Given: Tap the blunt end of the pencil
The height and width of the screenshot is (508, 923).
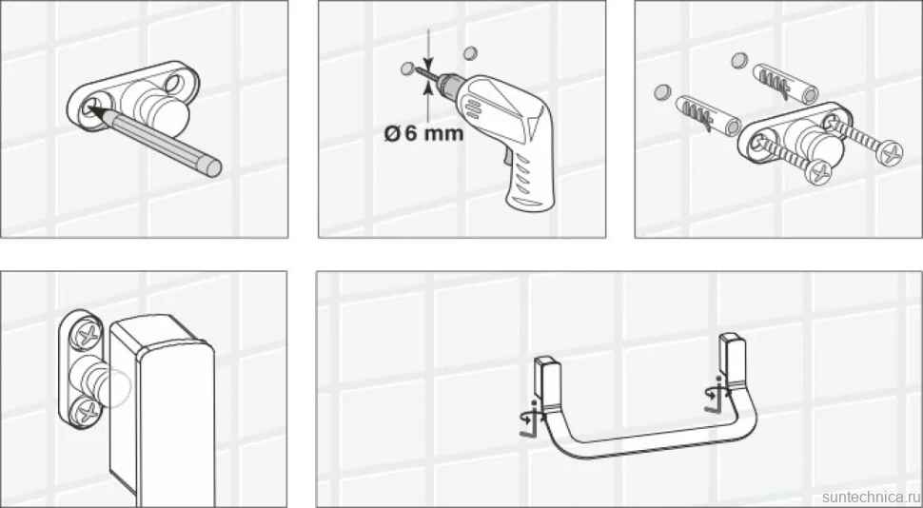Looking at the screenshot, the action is [x=212, y=166].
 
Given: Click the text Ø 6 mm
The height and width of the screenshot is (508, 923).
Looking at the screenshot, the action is [x=423, y=133].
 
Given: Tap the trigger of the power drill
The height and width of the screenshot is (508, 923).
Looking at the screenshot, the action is [x=505, y=156].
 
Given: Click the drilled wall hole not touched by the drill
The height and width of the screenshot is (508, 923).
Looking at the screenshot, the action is [x=469, y=53].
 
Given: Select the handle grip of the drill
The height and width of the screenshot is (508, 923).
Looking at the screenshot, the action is [x=530, y=177].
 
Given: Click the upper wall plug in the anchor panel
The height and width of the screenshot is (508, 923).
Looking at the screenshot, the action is [x=786, y=84].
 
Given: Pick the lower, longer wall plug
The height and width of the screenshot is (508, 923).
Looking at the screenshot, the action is [x=709, y=115].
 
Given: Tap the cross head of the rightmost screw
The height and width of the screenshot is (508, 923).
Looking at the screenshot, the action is [x=889, y=153].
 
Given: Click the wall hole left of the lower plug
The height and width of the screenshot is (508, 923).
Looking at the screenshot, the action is [x=663, y=92].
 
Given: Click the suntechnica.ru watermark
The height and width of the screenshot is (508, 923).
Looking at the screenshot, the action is [x=872, y=497].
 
